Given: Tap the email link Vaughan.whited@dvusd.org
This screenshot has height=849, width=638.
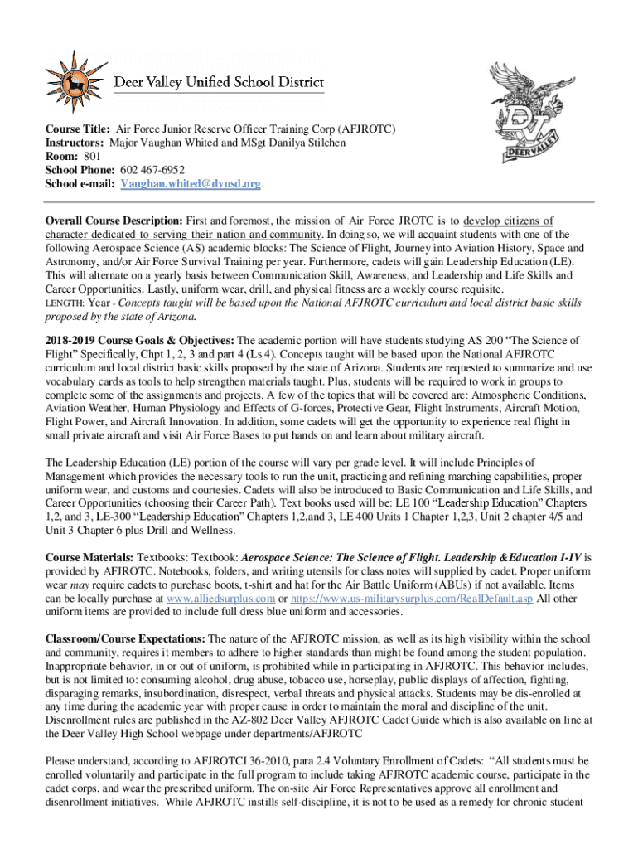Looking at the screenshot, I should (191, 183).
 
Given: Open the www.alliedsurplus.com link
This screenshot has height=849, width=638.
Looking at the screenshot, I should (216, 599).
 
